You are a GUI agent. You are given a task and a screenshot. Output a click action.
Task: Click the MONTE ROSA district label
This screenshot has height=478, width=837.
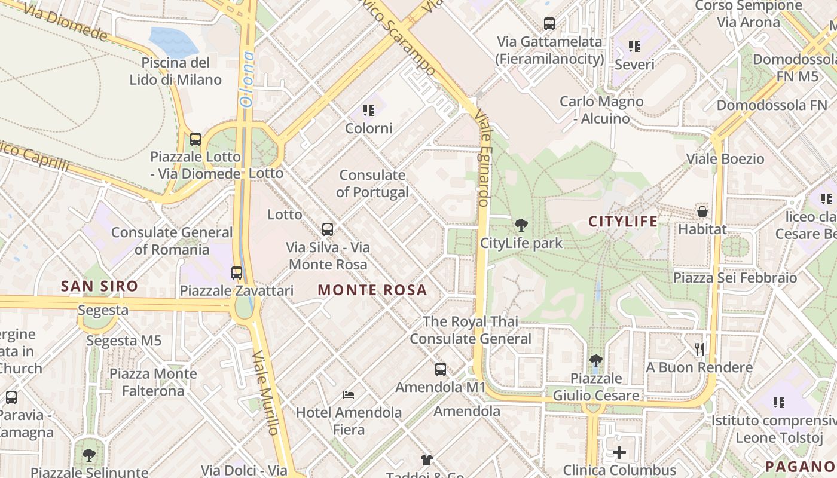click(372, 290)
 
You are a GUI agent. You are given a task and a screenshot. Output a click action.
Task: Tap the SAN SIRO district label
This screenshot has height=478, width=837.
click(99, 286)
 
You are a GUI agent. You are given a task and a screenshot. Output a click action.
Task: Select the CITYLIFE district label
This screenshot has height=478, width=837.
click(623, 222)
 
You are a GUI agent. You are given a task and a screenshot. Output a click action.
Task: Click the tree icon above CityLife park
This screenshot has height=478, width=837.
click(521, 225)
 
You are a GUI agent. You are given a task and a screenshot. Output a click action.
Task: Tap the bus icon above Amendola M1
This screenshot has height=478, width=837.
click(441, 369)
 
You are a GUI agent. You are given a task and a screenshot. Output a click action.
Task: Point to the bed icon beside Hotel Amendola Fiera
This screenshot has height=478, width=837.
click(349, 395)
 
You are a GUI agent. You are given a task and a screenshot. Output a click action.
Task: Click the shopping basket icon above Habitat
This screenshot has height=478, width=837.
click(702, 212)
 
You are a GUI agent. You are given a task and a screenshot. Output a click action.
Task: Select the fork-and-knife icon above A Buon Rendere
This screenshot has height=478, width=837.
click(699, 349)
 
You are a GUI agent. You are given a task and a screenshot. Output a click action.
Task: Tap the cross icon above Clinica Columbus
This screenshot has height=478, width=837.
click(619, 452)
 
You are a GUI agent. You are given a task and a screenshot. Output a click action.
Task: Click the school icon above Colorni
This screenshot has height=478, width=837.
click(369, 111)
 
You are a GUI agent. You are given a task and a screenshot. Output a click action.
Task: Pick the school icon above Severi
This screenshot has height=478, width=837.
click(634, 47)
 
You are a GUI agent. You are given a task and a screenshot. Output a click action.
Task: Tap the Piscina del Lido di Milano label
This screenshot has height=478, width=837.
click(176, 71)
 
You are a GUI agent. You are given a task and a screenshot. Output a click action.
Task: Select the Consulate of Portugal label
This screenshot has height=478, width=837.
click(372, 183)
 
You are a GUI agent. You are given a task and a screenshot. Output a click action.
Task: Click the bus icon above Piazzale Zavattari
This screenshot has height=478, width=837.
click(237, 273)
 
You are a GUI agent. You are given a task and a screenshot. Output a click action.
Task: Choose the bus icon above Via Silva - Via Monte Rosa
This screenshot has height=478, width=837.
click(328, 229)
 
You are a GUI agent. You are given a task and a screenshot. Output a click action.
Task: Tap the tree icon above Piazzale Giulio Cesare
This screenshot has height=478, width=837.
click(595, 360)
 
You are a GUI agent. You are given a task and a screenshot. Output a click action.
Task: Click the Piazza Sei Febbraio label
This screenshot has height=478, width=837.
click(735, 278)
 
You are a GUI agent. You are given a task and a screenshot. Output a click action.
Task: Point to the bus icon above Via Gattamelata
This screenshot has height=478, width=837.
click(549, 24)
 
